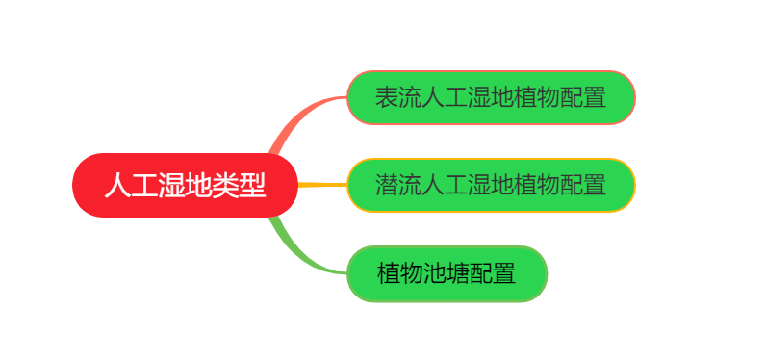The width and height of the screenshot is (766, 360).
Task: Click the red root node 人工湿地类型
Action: pyautogui.click(x=185, y=185)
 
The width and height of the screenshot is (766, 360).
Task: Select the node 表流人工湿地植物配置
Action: pyautogui.click(x=490, y=97)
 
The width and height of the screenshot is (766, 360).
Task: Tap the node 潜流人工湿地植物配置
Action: pyautogui.click(x=490, y=185)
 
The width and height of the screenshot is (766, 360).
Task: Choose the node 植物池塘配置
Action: pyautogui.click(x=447, y=273)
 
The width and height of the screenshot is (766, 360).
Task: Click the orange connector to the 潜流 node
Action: pyautogui.click(x=322, y=184)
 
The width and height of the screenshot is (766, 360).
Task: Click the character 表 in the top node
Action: pyautogui.click(x=387, y=97)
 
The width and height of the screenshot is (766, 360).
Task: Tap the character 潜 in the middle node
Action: pyautogui.click(x=387, y=185)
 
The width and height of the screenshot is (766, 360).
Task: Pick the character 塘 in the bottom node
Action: pyautogui.click(x=458, y=273)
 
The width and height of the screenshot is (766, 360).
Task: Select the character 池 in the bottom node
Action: pyautogui.click(x=435, y=273)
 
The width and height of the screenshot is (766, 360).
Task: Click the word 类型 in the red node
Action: pyautogui.click(x=239, y=185)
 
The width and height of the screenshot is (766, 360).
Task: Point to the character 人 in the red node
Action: pyautogui.click(x=117, y=185)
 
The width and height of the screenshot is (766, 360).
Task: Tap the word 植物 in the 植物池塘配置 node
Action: pyautogui.click(x=400, y=273)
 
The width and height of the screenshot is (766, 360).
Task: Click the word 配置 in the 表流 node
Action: pyautogui.click(x=582, y=97)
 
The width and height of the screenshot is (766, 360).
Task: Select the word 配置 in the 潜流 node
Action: pyautogui.click(x=582, y=185)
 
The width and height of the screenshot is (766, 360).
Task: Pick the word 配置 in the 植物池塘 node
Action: pyautogui.click(x=493, y=273)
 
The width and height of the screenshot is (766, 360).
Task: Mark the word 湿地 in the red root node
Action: pyautogui.click(x=185, y=185)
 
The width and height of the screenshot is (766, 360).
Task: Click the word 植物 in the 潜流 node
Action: pyautogui.click(x=536, y=185)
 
